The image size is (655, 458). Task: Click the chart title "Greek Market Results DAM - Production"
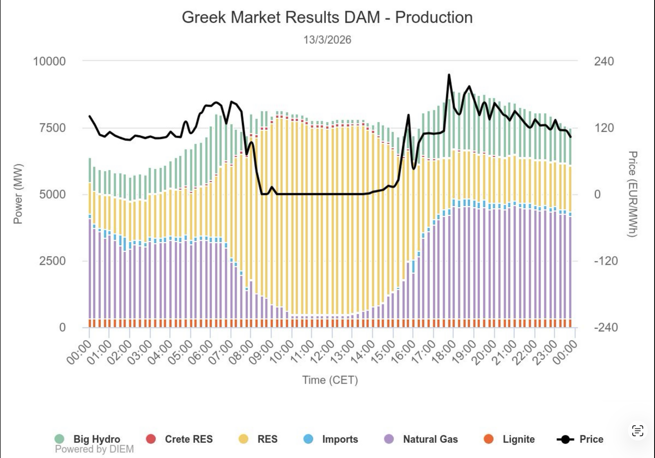327,17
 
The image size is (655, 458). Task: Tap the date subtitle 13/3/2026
327,40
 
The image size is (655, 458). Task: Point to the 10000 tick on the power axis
50,61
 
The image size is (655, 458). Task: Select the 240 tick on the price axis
604,61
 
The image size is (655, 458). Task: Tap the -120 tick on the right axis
606,261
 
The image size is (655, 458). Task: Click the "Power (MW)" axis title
18,194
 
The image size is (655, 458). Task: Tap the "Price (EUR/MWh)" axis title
633,194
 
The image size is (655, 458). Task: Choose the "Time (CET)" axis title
330,380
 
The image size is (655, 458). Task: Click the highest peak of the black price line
449,75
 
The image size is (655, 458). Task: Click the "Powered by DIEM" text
94,449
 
